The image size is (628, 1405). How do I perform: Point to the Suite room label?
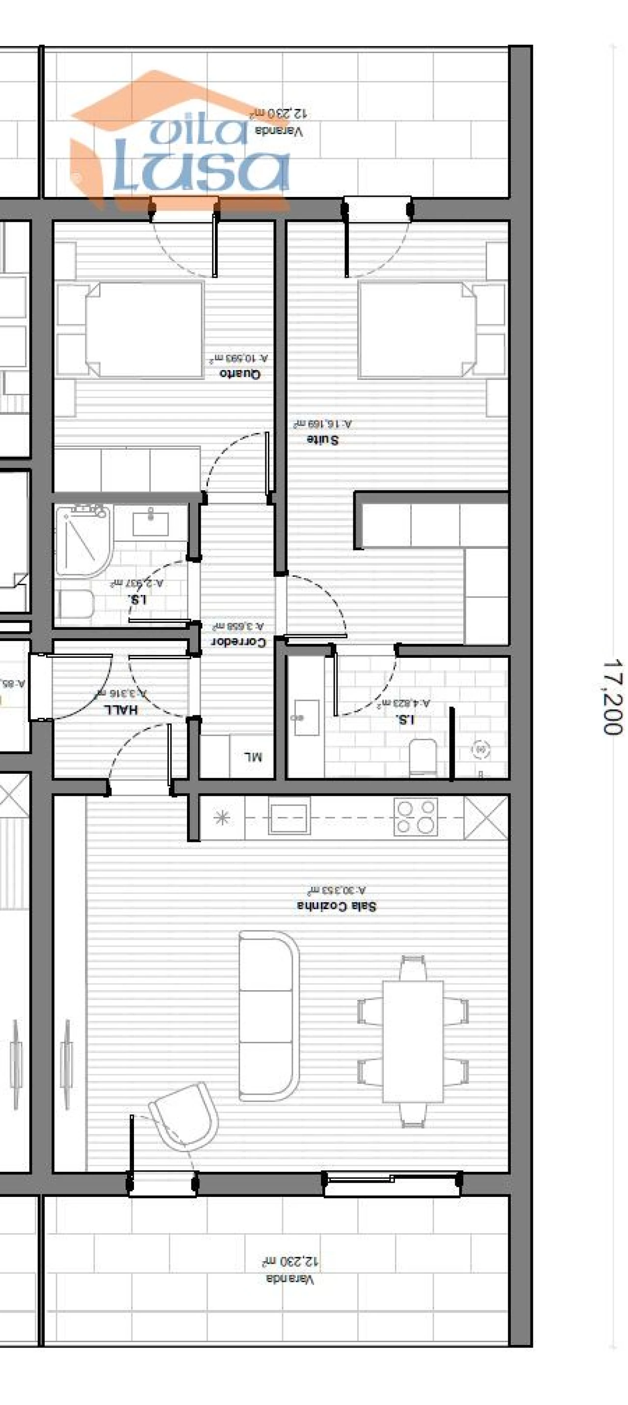322,439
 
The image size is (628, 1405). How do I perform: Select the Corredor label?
238,642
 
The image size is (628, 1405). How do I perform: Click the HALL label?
121,709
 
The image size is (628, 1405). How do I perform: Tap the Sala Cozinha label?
337,906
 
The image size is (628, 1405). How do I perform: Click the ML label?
252,757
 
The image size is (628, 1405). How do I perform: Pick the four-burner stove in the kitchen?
416,816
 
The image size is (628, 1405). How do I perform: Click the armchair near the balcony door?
184,1115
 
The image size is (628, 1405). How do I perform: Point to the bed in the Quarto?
144,329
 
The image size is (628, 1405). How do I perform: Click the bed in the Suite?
417,329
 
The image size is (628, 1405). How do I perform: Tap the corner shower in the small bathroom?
83,540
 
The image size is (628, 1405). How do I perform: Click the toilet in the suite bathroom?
422,757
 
